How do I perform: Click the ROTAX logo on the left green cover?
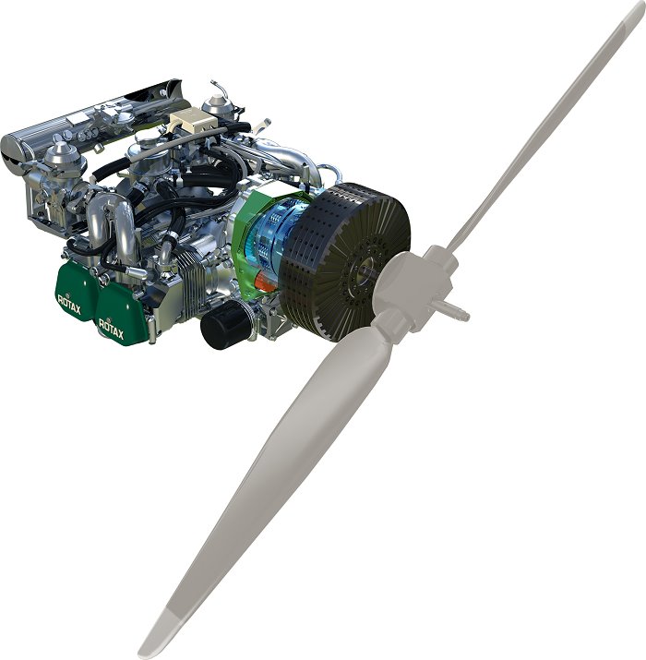point(69,304)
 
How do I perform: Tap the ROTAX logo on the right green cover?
point(111,329)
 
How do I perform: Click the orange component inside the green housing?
point(265,281)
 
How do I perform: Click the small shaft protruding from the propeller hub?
point(456,310)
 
